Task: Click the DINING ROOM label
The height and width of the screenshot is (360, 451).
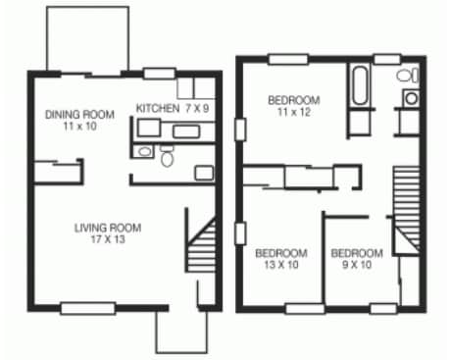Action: [x=79, y=114]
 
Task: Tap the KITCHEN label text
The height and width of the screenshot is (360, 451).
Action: [x=155, y=108]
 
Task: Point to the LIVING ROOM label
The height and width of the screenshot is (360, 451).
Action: [x=107, y=228]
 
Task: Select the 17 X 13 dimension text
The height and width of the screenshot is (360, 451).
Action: [x=107, y=240]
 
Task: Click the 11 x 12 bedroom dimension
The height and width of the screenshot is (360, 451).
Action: [x=294, y=113]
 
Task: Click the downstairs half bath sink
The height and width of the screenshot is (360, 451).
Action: [x=144, y=152]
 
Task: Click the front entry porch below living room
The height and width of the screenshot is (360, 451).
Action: [x=181, y=332]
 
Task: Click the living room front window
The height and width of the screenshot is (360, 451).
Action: [x=86, y=308]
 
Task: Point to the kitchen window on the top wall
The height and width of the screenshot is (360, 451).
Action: [x=157, y=72]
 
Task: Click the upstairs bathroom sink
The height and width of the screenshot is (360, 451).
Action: [x=410, y=98]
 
